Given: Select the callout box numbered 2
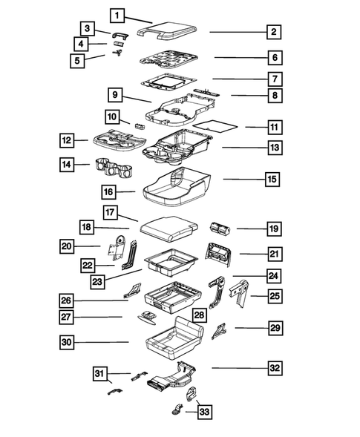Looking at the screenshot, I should [274, 32].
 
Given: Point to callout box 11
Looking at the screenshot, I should [255, 127].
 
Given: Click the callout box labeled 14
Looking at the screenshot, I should [68, 165].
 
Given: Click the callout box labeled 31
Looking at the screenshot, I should [101, 372].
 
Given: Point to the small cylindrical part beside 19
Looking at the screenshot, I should [219, 229].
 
